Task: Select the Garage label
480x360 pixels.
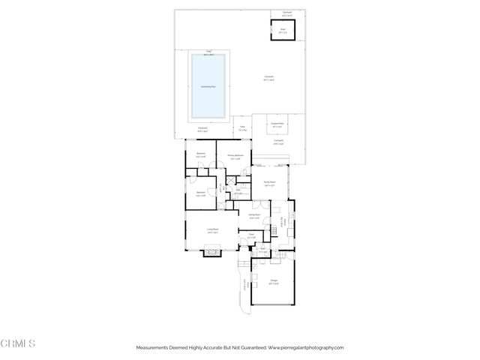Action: (x=274, y=283)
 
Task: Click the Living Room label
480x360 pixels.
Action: (x=213, y=231)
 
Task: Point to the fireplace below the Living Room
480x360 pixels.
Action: (x=212, y=253)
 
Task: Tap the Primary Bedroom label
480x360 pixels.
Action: (x=235, y=157)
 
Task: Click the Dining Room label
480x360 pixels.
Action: (x=254, y=216)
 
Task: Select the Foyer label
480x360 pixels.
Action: (x=251, y=235)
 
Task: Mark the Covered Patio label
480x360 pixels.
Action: (x=277, y=126)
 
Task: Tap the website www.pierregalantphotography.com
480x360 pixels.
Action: (x=305, y=348)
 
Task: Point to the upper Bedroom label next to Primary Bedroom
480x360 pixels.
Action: (x=201, y=154)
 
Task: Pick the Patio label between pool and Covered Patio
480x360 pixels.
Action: (x=242, y=129)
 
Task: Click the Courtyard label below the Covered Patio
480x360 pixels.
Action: (x=277, y=141)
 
